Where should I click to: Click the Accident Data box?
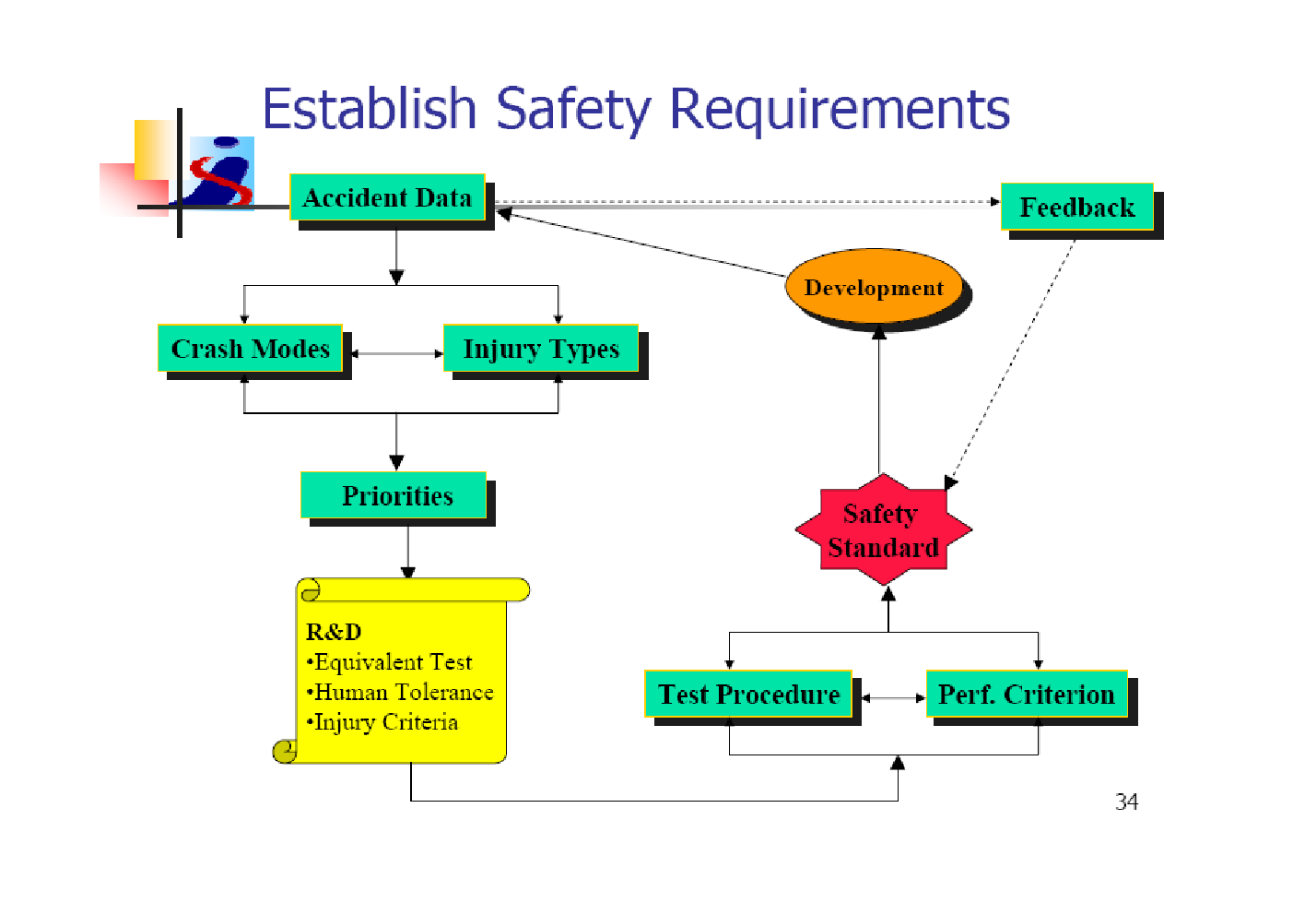pyautogui.click(x=387, y=197)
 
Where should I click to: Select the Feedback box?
pyautogui.click(x=1077, y=207)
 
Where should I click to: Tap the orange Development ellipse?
pyautogui.click(x=874, y=287)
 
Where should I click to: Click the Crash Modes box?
pyautogui.click(x=250, y=349)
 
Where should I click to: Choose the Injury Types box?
pyautogui.click(x=541, y=349)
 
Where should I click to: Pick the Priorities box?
pyautogui.click(x=394, y=495)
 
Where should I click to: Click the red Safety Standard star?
pyautogui.click(x=883, y=529)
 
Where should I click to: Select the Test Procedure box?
pyautogui.click(x=748, y=694)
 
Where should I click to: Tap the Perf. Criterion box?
pyautogui.click(x=1027, y=694)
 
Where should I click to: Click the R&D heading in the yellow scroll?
pyautogui.click(x=334, y=632)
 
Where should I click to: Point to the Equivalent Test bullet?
pyautogui.click(x=389, y=662)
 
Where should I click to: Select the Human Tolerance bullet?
pyautogui.click(x=399, y=692)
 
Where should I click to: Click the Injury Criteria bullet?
pyautogui.click(x=382, y=722)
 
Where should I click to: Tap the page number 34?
pyautogui.click(x=1127, y=802)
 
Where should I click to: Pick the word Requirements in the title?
pyautogui.click(x=840, y=111)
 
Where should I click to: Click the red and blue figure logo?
pyautogui.click(x=222, y=172)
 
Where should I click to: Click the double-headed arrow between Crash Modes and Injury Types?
pyautogui.click(x=397, y=353)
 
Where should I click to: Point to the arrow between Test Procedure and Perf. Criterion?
pyautogui.click(x=894, y=698)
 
